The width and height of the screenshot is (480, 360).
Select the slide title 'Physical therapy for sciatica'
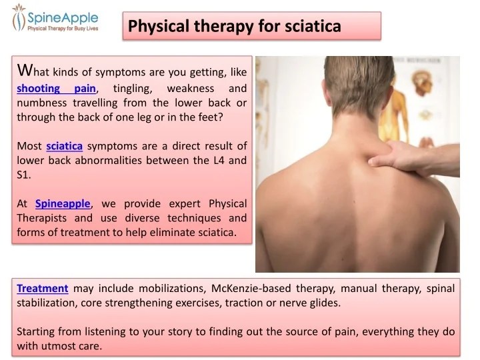pyautogui.click(x=234, y=26)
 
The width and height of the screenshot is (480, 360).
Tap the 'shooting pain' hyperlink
pyautogui.click(x=57, y=89)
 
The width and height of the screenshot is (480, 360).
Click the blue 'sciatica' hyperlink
pyautogui.click(x=65, y=146)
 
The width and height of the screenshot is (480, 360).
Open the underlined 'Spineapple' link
pyautogui.click(x=63, y=203)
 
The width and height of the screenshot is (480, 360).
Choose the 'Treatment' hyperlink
pyautogui.click(x=43, y=288)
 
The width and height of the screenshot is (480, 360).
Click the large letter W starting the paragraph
pyautogui.click(x=24, y=69)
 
